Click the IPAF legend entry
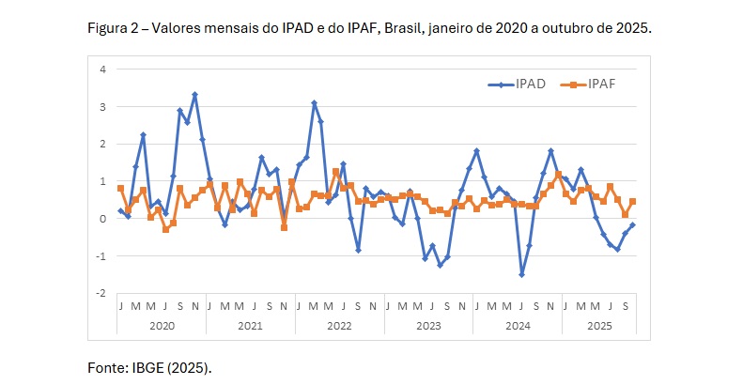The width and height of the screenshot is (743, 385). pyautogui.click(x=601, y=85)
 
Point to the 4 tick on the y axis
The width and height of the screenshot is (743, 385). pyautogui.click(x=103, y=69)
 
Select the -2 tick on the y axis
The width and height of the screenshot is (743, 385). pyautogui.click(x=101, y=293)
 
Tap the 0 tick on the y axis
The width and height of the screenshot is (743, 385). pyautogui.click(x=103, y=219)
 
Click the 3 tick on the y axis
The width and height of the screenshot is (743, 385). pyautogui.click(x=103, y=107)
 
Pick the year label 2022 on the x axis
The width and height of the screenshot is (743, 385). pyautogui.click(x=339, y=324)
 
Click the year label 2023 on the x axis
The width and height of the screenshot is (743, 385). pyautogui.click(x=428, y=324)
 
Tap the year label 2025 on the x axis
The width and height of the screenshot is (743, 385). pyautogui.click(x=598, y=324)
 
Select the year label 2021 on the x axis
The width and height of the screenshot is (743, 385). pyautogui.click(x=251, y=324)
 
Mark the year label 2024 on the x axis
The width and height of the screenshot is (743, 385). pyautogui.click(x=517, y=324)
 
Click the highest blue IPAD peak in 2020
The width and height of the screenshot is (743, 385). pyautogui.click(x=194, y=95)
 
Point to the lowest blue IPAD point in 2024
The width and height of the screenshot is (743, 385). pyautogui.click(x=521, y=274)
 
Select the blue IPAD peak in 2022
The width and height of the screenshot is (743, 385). pyautogui.click(x=314, y=103)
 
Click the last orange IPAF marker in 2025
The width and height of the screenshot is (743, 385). pyautogui.click(x=632, y=201)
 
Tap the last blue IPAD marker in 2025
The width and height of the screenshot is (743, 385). pyautogui.click(x=632, y=224)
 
